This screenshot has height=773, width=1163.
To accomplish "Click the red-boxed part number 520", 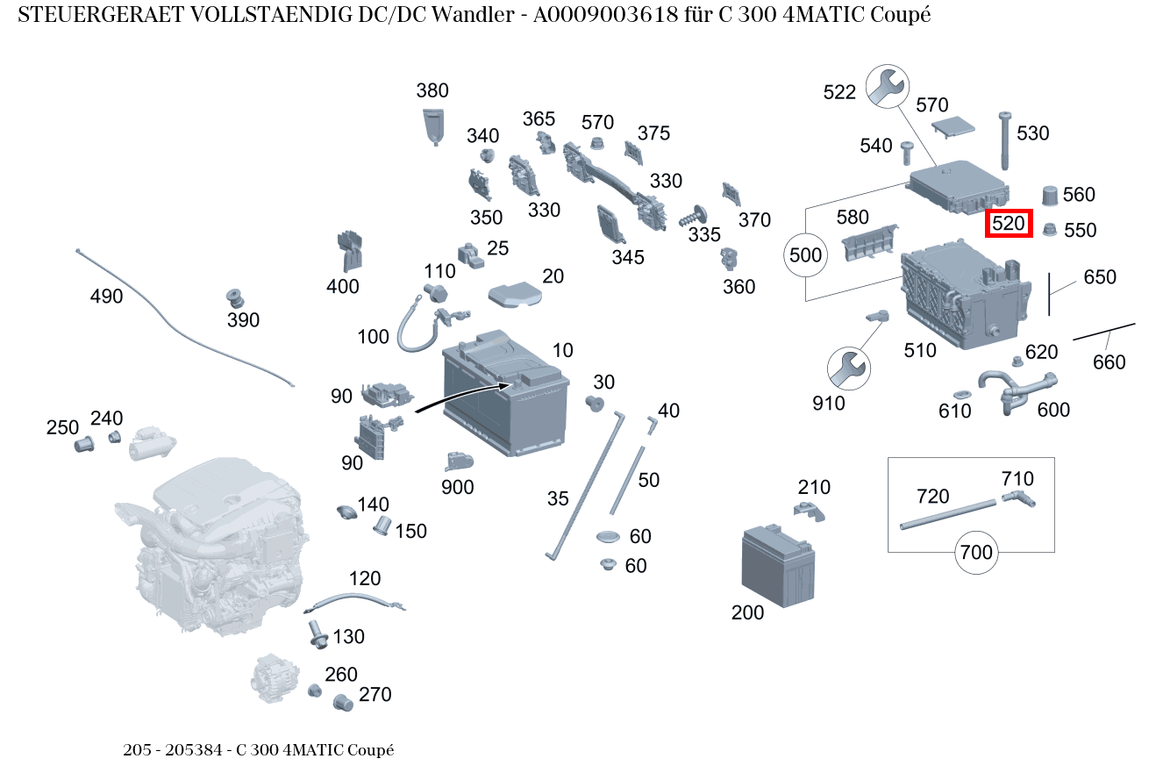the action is point(1009,224).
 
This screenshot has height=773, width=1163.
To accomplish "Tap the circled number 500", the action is point(805,255).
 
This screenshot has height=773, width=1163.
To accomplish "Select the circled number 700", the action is point(976,552).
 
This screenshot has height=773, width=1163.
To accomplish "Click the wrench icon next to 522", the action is point(888,86).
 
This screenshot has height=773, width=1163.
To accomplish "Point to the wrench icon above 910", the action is point(849,369).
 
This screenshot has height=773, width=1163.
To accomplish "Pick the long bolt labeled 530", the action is point(1004,140).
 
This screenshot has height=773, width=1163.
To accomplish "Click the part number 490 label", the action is point(106,296).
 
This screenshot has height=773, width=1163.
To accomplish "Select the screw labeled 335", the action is point(693,216).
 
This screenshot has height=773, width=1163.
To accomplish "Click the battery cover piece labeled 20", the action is point(515,294).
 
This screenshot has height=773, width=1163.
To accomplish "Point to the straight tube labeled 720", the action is point(948,515).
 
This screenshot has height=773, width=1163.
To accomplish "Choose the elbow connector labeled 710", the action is point(1018,498).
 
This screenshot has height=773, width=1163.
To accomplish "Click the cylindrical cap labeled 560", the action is point(1050,195).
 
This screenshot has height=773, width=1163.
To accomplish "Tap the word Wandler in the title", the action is point(473,15).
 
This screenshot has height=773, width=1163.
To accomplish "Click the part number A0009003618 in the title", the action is point(605,15).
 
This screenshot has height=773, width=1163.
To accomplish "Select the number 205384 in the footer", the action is point(193,750).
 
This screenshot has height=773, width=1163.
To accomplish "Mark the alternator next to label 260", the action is point(275,678).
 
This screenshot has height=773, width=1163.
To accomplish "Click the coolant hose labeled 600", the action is point(1017,391).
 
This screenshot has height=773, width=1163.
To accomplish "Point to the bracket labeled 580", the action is point(870,243).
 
